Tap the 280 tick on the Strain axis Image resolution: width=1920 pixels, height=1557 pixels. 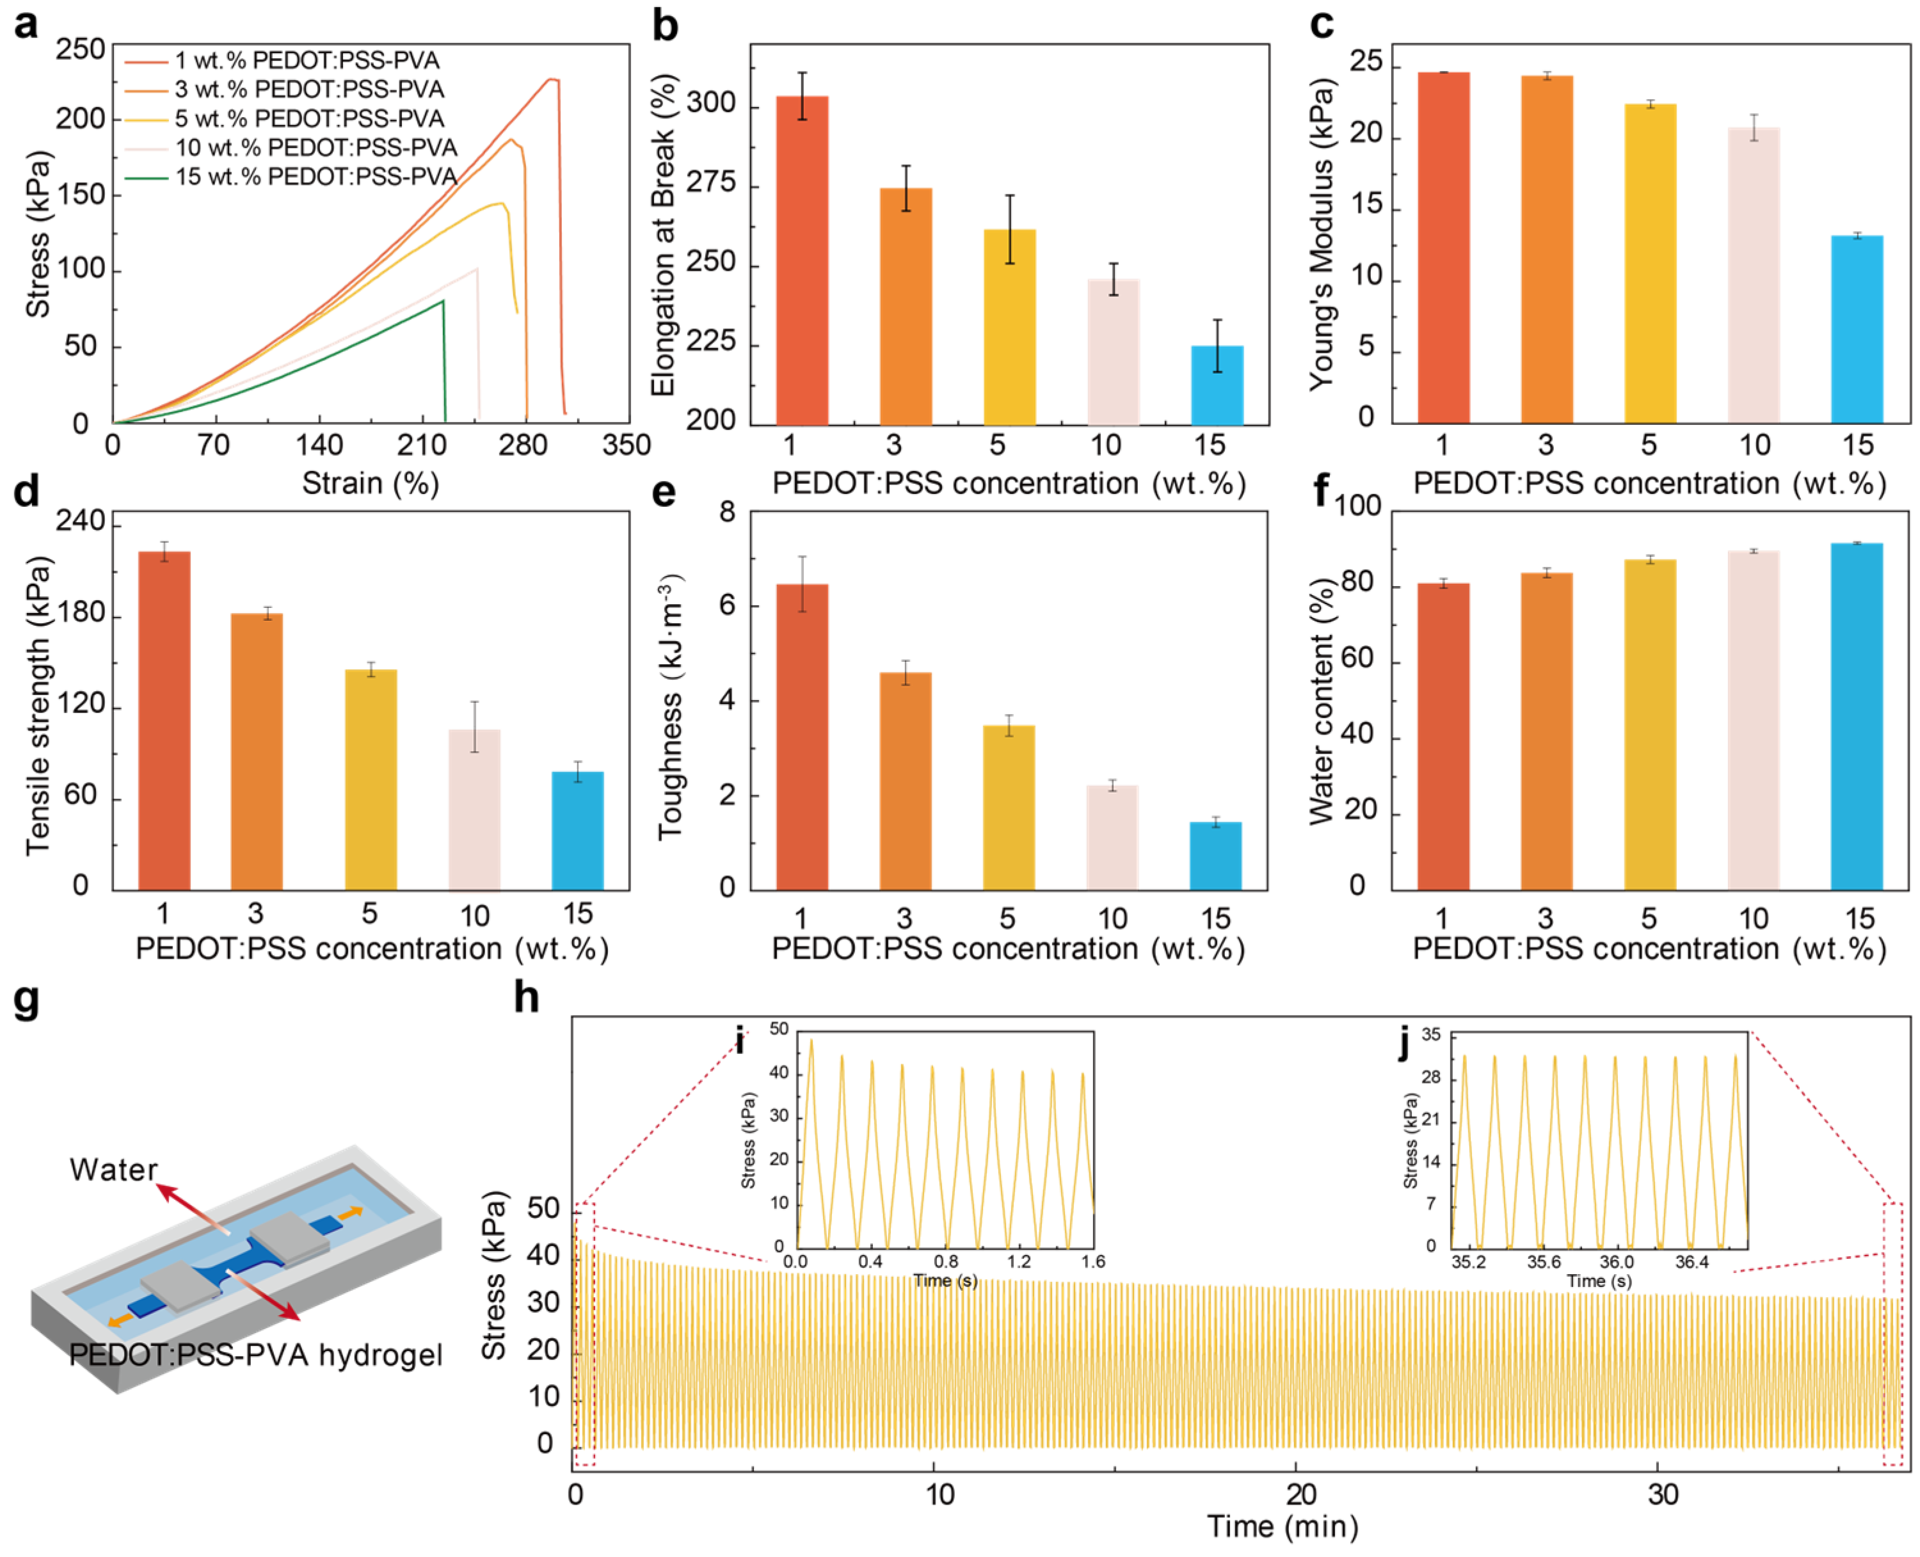coord(523,445)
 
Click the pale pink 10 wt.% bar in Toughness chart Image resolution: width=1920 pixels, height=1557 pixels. coord(1112,838)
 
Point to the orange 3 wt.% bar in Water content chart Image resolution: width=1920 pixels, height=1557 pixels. coord(1546,731)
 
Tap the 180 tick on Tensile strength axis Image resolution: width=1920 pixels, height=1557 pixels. coord(81,615)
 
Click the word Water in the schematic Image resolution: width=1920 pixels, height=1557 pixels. coord(113,1170)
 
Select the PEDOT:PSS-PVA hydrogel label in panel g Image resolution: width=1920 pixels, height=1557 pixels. coord(255,1354)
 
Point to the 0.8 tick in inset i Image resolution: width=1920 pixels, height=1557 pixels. coord(945,1262)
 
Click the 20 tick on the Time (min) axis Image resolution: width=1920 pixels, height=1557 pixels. coord(1301,1494)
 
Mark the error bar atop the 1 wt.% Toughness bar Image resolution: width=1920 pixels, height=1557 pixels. coord(803,583)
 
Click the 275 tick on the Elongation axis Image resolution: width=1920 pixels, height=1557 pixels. coord(711,184)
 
